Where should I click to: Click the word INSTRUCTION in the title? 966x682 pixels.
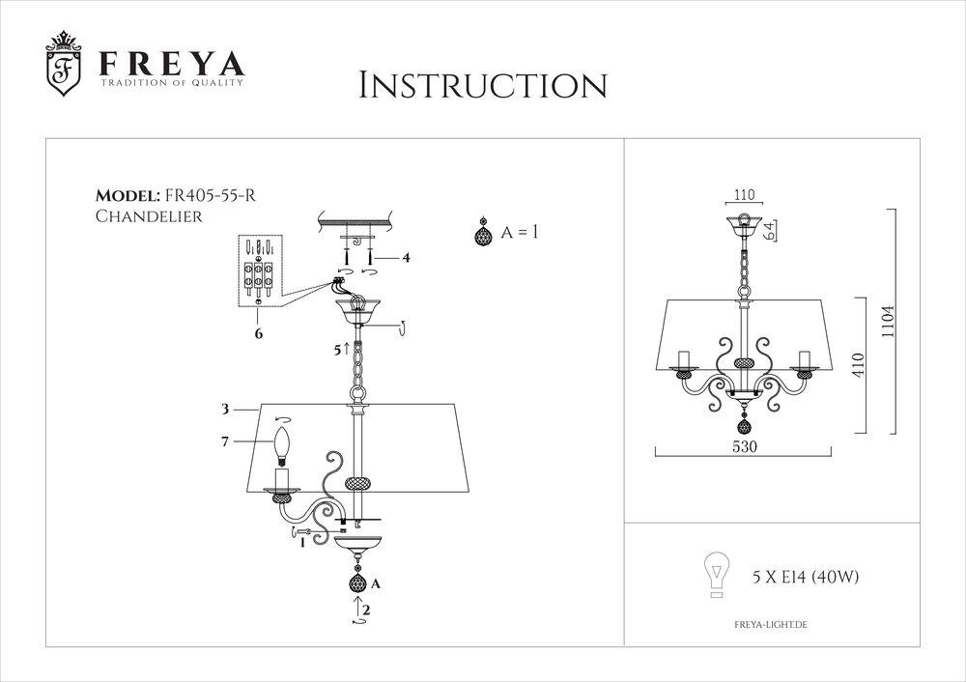482,84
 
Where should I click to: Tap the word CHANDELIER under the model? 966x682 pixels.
148,216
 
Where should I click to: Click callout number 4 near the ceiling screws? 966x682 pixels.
407,258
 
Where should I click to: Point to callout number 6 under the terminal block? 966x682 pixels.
259,332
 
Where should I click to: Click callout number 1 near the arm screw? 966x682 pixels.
302,543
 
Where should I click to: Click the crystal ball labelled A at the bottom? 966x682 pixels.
356,583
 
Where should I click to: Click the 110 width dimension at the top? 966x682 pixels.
743,194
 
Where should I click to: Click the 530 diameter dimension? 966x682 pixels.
743,447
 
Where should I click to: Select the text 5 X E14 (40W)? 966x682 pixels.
806,578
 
